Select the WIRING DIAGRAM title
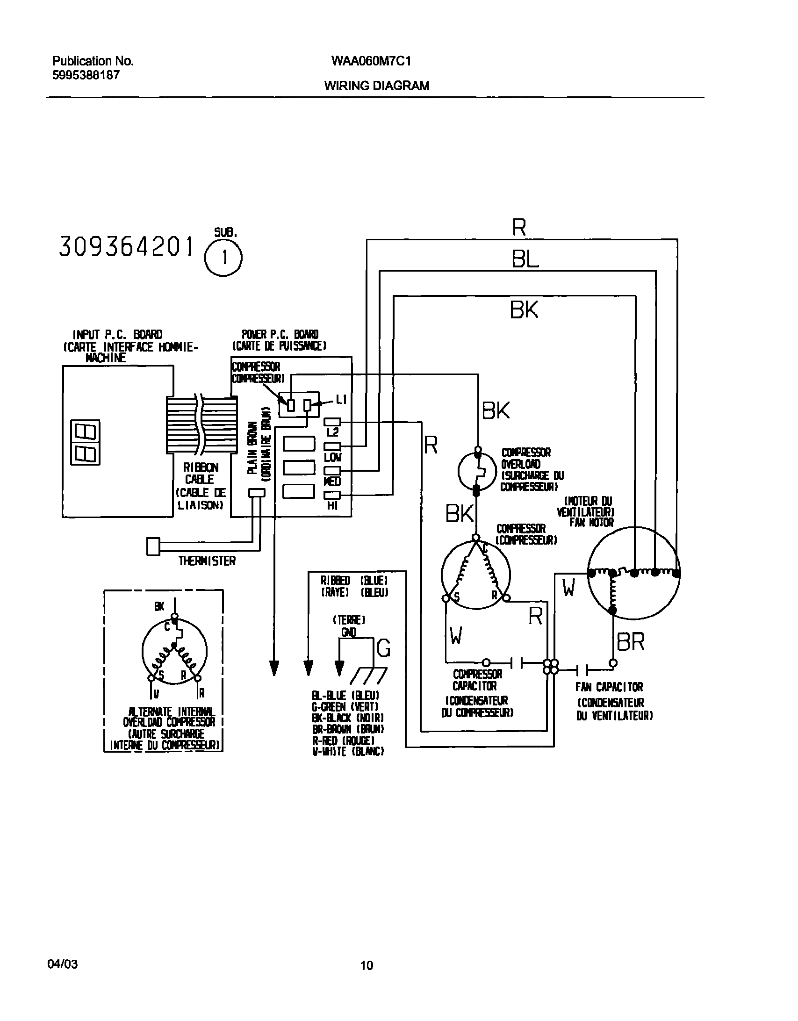click(376, 86)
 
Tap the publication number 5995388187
click(86, 75)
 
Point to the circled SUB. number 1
click(224, 258)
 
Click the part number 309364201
click(126, 247)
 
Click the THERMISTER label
click(207, 561)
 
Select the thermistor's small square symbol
click(153, 546)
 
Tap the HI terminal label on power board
click(332, 505)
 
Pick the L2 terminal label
click(332, 432)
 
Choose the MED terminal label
click(332, 482)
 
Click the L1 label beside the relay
click(341, 399)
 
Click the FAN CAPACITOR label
click(609, 687)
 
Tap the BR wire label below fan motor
click(631, 642)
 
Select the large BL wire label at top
click(525, 259)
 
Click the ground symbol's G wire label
click(383, 648)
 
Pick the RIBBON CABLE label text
click(201, 473)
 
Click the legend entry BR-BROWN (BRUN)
click(348, 729)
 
